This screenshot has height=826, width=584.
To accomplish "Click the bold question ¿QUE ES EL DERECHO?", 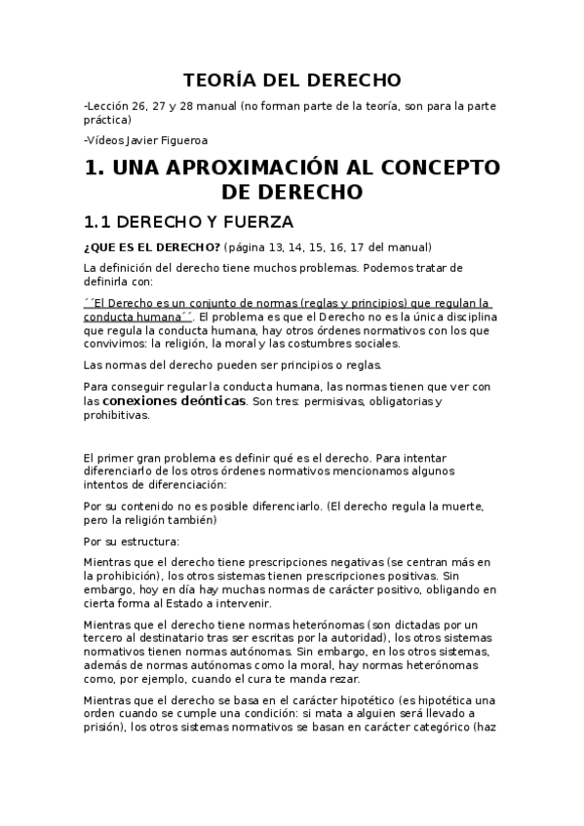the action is point(138,246).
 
